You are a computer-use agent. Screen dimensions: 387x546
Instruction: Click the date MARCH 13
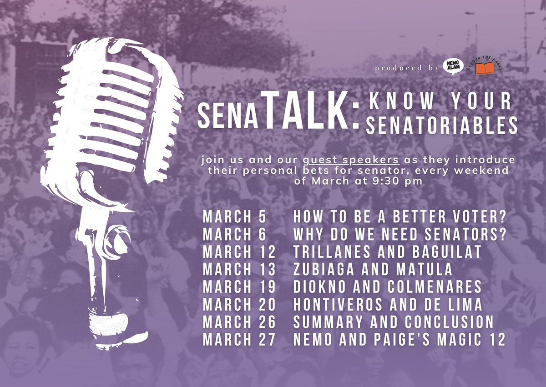tap(239, 270)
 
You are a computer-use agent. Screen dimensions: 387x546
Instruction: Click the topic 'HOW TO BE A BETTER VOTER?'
tap(400, 217)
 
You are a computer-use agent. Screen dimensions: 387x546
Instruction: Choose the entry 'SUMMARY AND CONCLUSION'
tap(394, 322)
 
